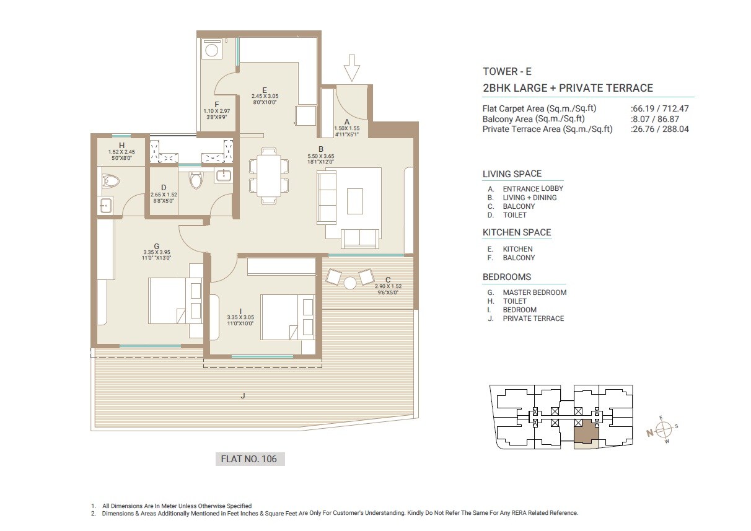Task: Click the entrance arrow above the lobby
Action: tap(351, 68)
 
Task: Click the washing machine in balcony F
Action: tap(212, 50)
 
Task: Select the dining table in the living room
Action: tap(268, 175)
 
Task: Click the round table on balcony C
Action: tap(350, 283)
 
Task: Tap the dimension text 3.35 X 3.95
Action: tap(157, 252)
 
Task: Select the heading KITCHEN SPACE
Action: tap(516, 232)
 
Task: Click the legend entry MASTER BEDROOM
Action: tap(534, 292)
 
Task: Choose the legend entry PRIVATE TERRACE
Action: tap(533, 318)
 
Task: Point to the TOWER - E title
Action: tap(499, 71)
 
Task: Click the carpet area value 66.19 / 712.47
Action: tap(659, 108)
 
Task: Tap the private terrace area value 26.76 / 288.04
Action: tap(659, 129)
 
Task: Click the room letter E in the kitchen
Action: tap(265, 89)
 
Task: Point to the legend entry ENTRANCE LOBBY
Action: tap(532, 189)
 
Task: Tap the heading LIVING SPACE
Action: tap(512, 174)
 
